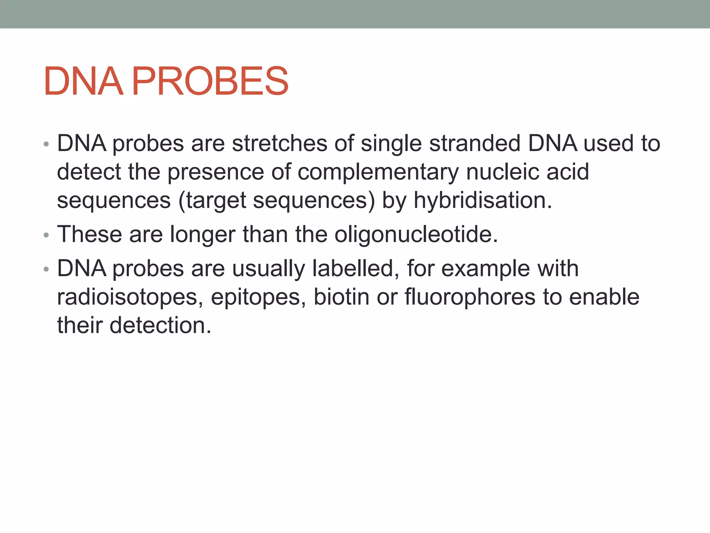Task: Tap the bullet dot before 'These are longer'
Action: coord(46,236)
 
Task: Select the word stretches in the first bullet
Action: coord(279,143)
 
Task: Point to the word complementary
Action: coord(378,172)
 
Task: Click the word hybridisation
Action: coord(483,201)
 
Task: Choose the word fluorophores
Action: coord(470,298)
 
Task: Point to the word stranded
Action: coord(475,143)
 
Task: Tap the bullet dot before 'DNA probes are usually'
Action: coord(46,270)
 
